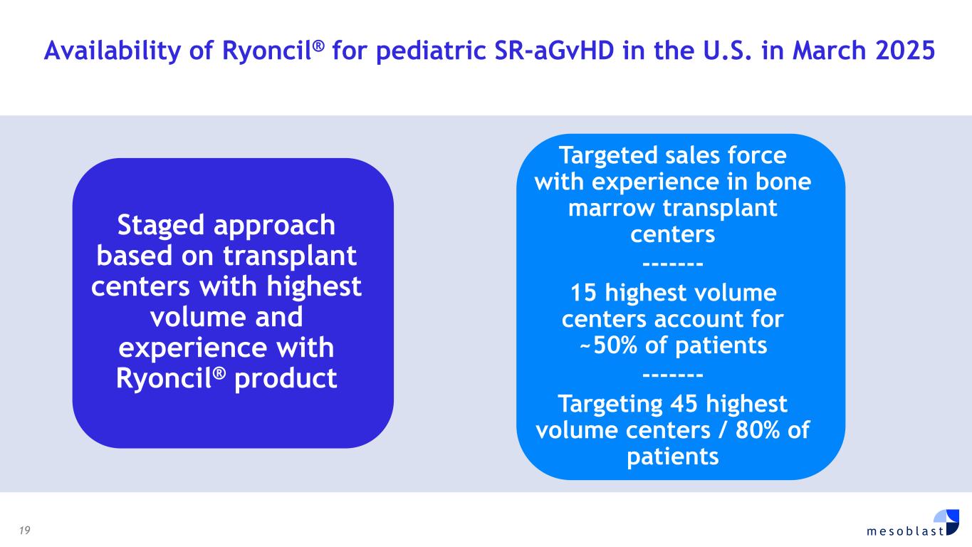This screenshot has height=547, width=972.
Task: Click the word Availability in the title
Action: [x=113, y=51]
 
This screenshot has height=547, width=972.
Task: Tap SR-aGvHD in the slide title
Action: [x=554, y=51]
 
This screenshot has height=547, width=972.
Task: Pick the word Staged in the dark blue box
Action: [x=160, y=226]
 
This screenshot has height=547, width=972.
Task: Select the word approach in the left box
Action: [x=274, y=226]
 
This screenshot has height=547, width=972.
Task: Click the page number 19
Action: [x=24, y=531]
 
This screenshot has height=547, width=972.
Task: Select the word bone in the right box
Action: [x=783, y=182]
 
